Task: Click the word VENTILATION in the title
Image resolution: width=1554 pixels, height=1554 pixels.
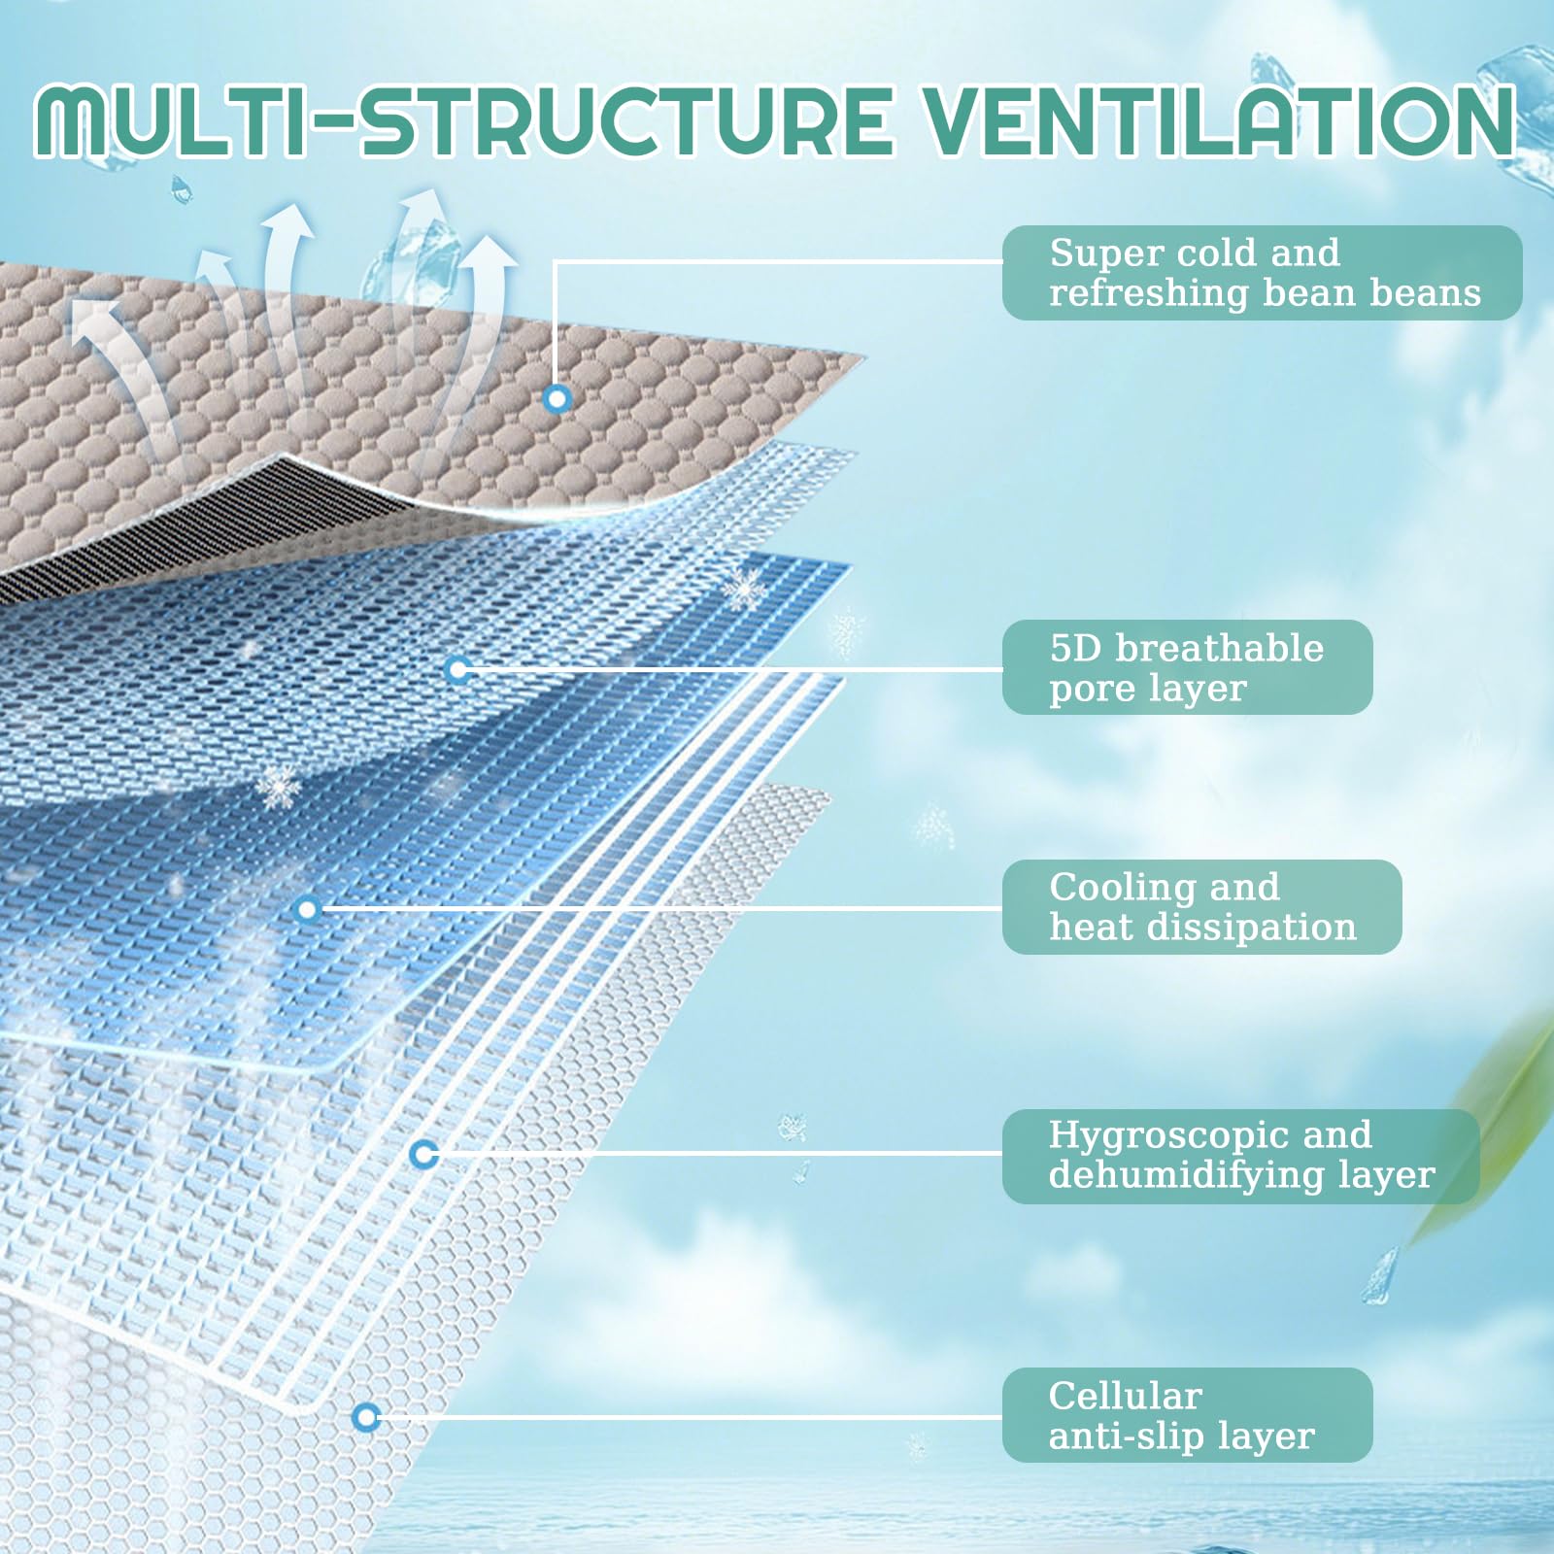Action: tap(1218, 121)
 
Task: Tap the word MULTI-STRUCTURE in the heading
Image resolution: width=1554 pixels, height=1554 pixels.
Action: tap(462, 121)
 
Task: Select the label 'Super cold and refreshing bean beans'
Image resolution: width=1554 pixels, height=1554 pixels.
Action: tap(1262, 273)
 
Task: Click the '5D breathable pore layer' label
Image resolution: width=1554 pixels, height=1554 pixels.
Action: tap(1187, 667)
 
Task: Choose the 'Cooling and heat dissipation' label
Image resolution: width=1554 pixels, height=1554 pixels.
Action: tap(1201, 906)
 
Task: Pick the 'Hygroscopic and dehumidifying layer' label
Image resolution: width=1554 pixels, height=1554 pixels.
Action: tap(1240, 1156)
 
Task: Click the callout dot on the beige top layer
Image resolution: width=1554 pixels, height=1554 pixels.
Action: tap(557, 398)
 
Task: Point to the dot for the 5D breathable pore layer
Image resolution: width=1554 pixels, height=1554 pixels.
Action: tap(458, 669)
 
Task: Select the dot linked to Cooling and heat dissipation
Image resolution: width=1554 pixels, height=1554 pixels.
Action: tap(308, 910)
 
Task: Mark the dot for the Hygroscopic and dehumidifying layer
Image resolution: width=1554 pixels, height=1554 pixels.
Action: tap(423, 1155)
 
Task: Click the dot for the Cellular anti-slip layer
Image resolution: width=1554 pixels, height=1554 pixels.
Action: tap(365, 1418)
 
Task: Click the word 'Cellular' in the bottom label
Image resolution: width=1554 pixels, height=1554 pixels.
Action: tap(1125, 1396)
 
